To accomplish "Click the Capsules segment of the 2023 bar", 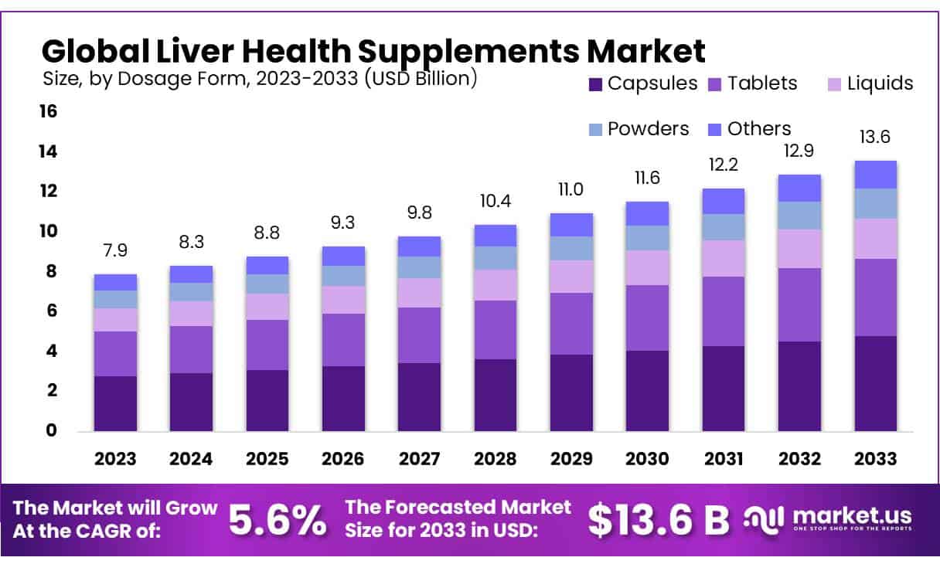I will click(115, 403).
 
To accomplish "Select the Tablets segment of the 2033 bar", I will click(875, 297).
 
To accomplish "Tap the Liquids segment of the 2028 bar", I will click(496, 285).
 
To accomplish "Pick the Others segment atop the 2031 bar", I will click(724, 202).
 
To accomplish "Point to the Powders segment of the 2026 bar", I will click(343, 276).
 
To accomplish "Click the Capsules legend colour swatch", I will click(595, 83).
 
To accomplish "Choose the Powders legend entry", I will click(648, 128).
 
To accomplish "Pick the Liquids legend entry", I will click(878, 83).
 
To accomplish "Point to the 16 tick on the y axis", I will click(48, 111).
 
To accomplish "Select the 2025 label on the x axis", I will click(267, 458).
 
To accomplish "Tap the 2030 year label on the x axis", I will click(647, 458).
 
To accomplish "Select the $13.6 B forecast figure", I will click(658, 521).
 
